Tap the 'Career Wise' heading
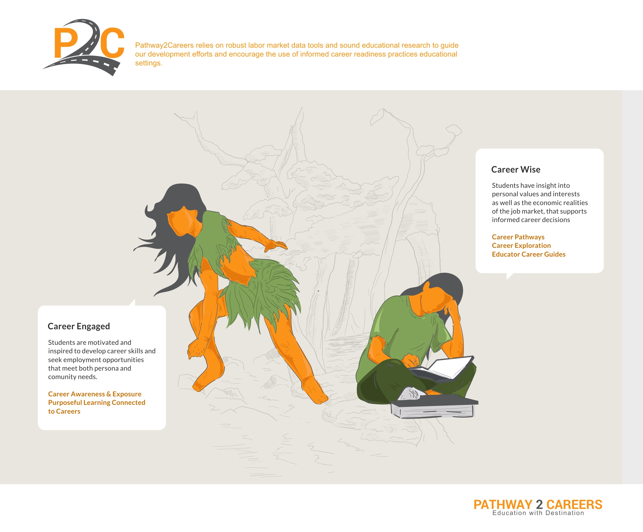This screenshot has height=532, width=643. (516, 169)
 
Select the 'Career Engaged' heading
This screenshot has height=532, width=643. (79, 326)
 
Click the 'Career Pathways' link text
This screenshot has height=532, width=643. (518, 237)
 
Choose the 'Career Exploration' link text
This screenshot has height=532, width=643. (521, 245)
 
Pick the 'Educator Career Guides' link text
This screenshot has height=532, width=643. (529, 254)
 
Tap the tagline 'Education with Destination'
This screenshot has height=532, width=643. (538, 513)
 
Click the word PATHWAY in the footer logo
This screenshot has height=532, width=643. (503, 505)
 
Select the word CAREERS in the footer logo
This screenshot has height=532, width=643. (574, 505)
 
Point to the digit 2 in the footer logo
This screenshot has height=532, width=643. (540, 505)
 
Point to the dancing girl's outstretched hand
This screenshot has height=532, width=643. (276, 245)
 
